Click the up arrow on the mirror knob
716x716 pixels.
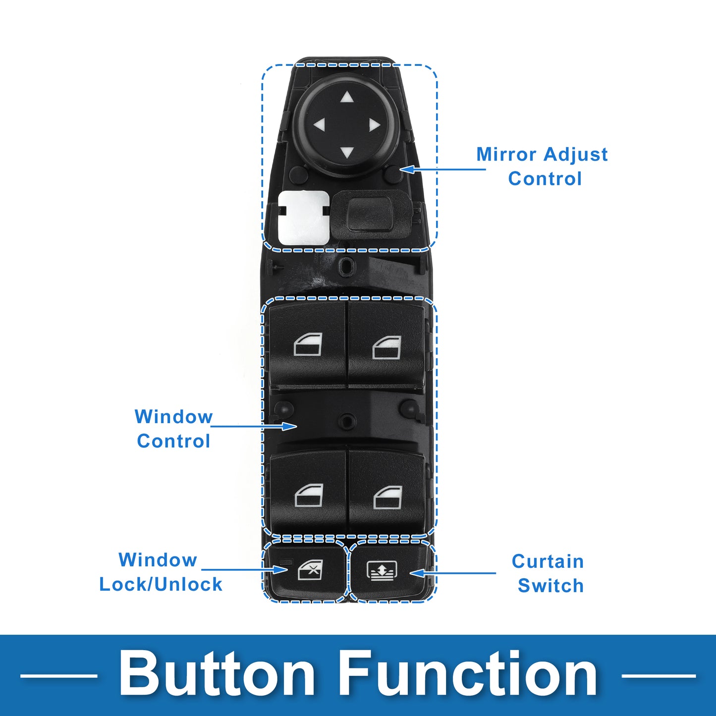click(x=347, y=97)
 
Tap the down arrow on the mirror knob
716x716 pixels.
click(x=347, y=153)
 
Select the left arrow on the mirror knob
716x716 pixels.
click(x=319, y=125)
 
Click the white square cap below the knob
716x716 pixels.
click(x=304, y=218)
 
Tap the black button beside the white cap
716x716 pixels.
click(x=371, y=215)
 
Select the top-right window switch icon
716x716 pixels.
click(x=387, y=347)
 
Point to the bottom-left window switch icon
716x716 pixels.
click(x=309, y=495)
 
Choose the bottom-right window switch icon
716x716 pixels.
click(x=387, y=497)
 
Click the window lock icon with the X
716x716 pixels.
click(x=310, y=570)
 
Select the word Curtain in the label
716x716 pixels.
click(x=548, y=561)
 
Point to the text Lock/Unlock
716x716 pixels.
click(x=161, y=585)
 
